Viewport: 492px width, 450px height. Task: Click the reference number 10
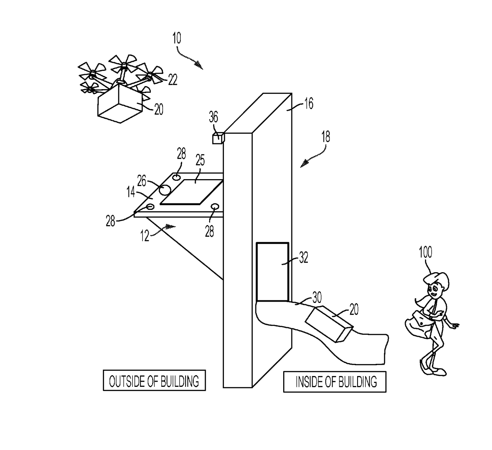click(x=176, y=38)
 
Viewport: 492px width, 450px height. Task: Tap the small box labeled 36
click(x=217, y=138)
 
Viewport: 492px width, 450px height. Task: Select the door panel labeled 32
click(x=272, y=272)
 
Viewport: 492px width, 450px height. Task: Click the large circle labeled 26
click(x=165, y=189)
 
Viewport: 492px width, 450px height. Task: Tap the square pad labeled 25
click(x=192, y=192)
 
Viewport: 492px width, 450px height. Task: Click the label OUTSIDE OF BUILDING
click(x=154, y=381)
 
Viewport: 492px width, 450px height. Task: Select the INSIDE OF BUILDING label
click(x=335, y=382)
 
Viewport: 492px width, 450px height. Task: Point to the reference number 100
click(x=425, y=252)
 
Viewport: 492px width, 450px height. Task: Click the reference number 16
click(x=309, y=103)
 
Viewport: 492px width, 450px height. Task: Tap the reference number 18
click(x=325, y=137)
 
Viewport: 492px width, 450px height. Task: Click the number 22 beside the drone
click(x=173, y=80)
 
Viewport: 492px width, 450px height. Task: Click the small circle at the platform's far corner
click(x=177, y=177)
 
